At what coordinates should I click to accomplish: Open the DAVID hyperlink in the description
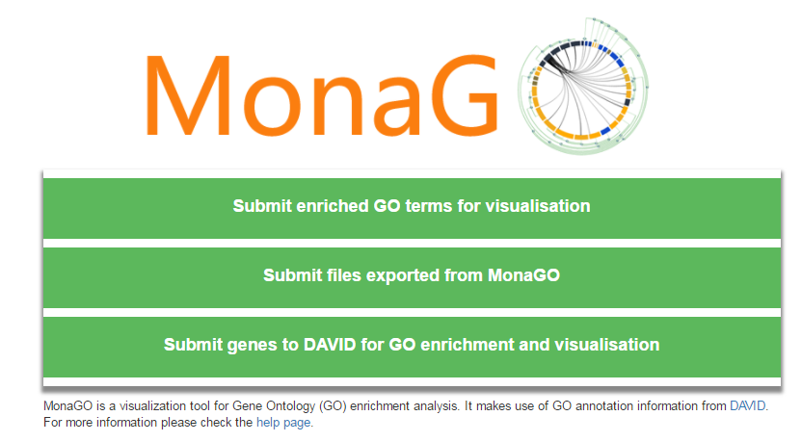tap(747, 406)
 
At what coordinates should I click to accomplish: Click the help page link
tap(283, 423)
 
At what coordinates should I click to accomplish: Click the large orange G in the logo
tap(465, 95)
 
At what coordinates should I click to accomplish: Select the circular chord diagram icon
tap(583, 87)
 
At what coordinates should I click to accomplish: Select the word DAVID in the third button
tap(330, 345)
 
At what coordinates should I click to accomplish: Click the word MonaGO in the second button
tap(523, 275)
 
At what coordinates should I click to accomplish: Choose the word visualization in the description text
tap(164, 406)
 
